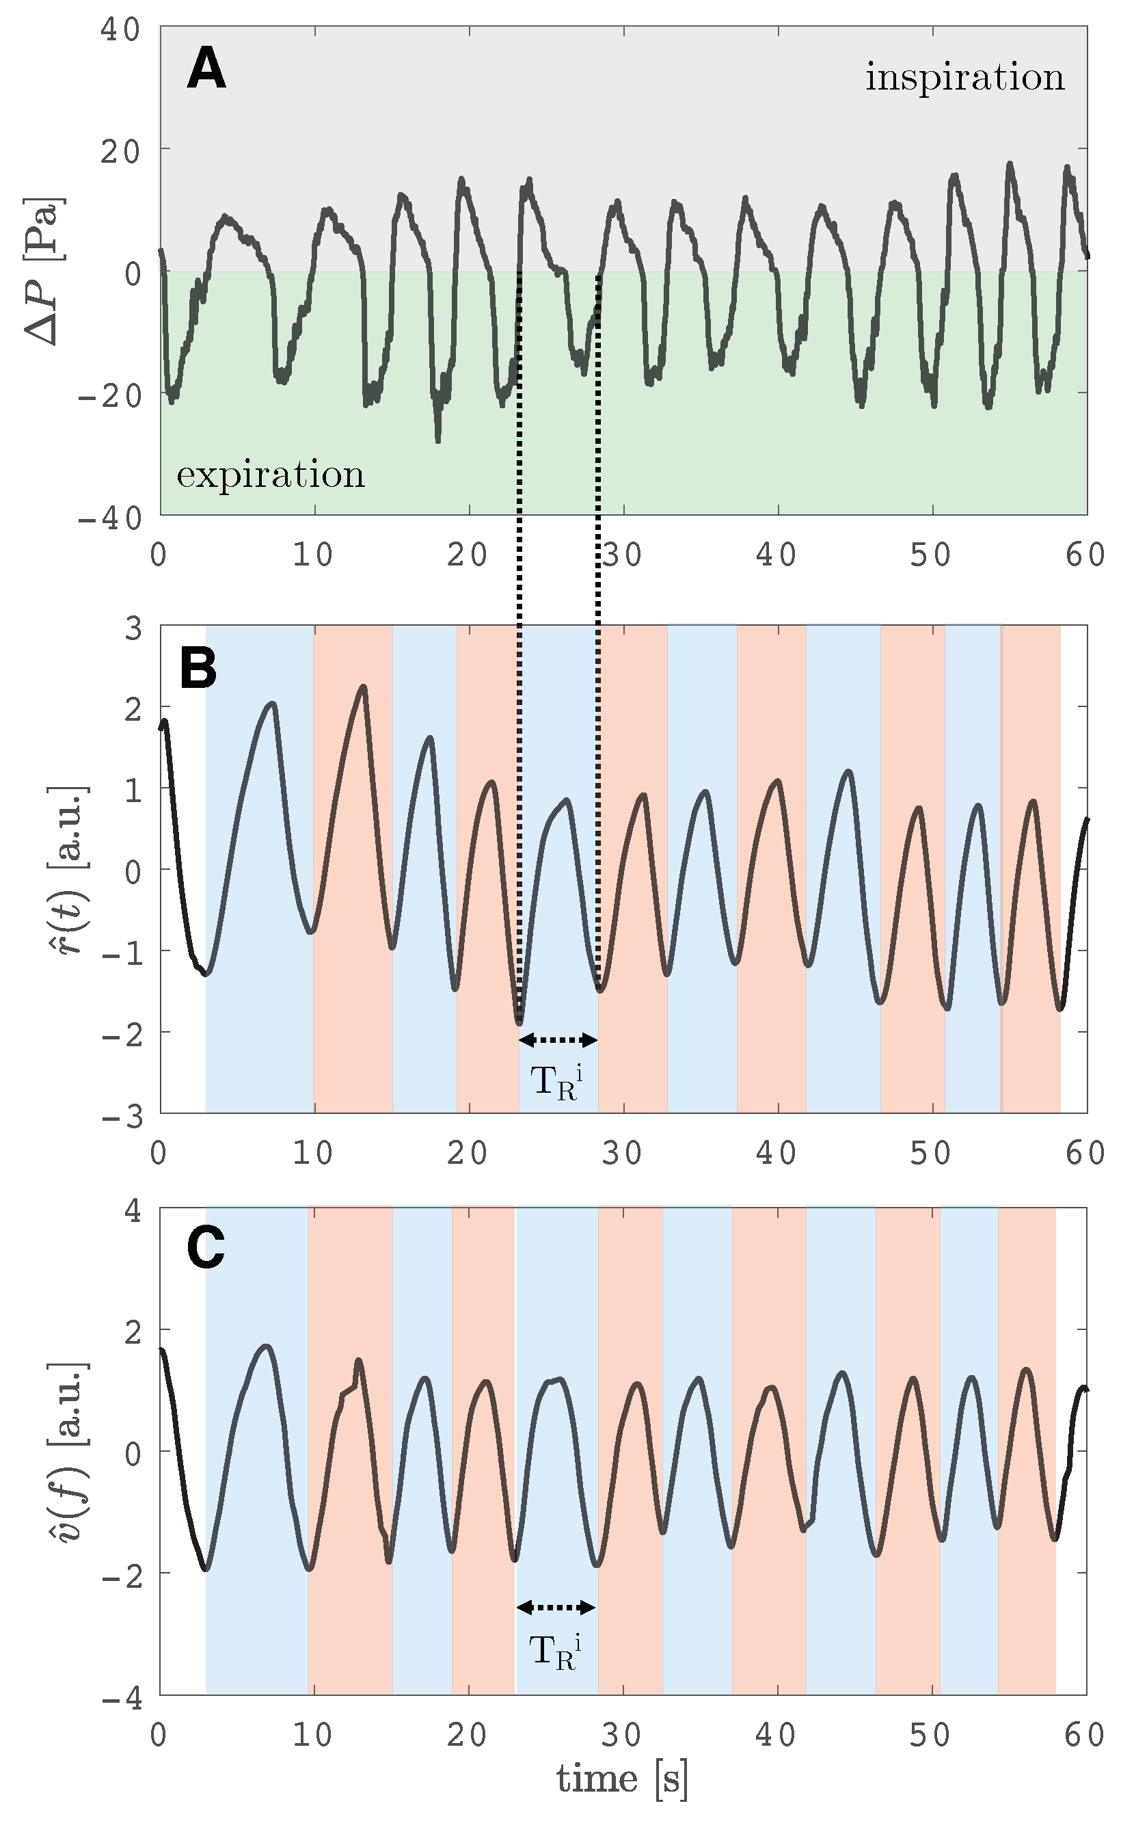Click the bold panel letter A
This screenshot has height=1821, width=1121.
pyautogui.click(x=206, y=68)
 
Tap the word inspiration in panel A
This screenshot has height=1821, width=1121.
pyautogui.click(x=964, y=77)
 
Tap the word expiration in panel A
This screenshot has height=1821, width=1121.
pyautogui.click(x=271, y=474)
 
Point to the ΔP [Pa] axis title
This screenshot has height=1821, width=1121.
pyautogui.click(x=44, y=271)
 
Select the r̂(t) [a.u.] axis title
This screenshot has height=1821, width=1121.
pyautogui.click(x=72, y=869)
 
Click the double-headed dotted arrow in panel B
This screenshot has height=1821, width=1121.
pyautogui.click(x=558, y=1040)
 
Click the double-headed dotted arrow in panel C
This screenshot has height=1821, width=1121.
pyautogui.click(x=556, y=1608)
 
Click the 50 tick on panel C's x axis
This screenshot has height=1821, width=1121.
pyautogui.click(x=931, y=1734)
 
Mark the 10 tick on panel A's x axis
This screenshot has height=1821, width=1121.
pyautogui.click(x=313, y=555)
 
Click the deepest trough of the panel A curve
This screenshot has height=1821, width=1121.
pyautogui.click(x=438, y=440)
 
